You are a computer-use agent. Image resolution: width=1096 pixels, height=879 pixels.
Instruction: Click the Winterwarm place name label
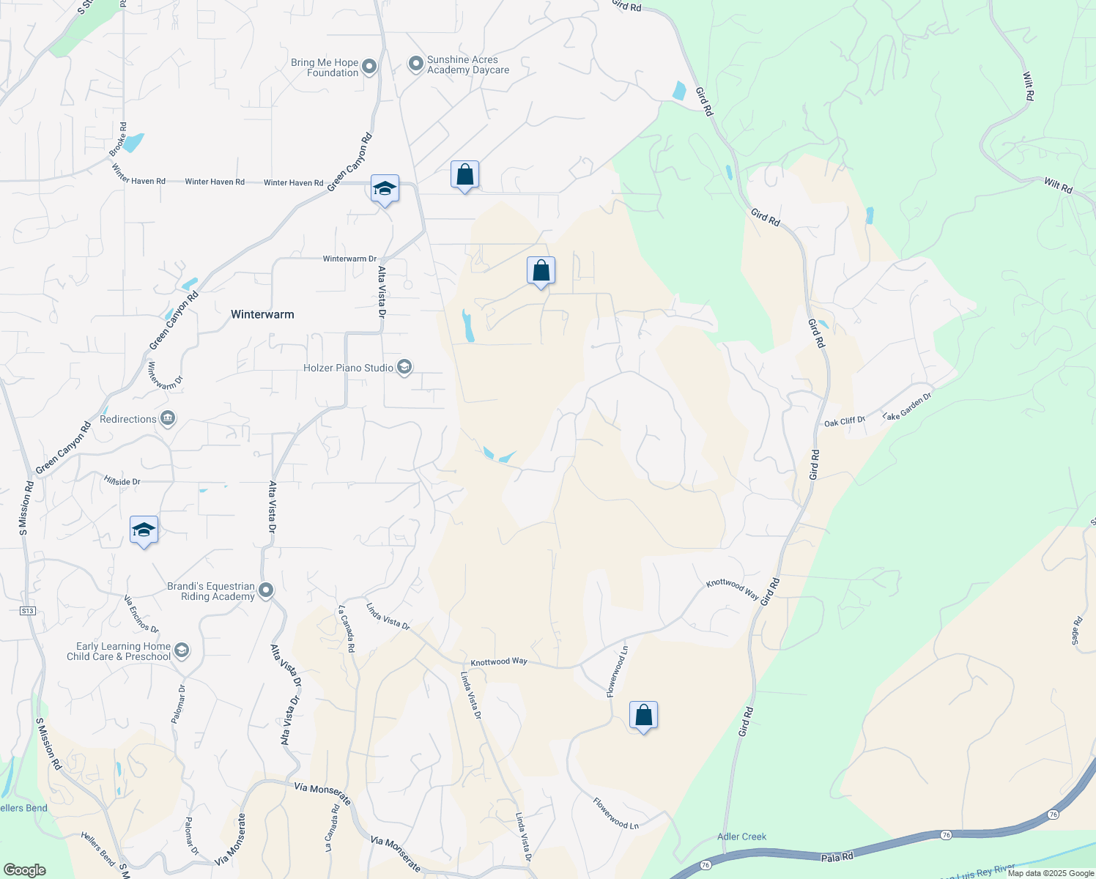pyautogui.click(x=262, y=314)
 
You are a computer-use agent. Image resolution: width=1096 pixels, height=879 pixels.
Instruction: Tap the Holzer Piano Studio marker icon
pyautogui.click(x=404, y=368)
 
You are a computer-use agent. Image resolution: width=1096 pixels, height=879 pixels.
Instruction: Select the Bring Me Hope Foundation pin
pyautogui.click(x=370, y=67)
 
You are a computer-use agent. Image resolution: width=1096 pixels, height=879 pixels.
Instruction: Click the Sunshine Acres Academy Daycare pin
pyautogui.click(x=416, y=64)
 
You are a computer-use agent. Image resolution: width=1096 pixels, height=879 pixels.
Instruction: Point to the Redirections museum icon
pyautogui.click(x=168, y=419)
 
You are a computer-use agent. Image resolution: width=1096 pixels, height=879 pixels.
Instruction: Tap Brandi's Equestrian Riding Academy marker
pyautogui.click(x=266, y=590)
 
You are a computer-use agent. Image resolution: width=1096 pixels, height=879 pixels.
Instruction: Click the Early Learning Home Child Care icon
pyautogui.click(x=182, y=650)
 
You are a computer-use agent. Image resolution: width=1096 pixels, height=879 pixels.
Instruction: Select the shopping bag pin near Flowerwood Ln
pyautogui.click(x=643, y=716)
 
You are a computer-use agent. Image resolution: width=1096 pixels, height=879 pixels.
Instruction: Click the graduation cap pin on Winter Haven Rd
pyautogui.click(x=385, y=190)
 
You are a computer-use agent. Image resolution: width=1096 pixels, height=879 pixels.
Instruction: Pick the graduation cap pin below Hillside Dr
pyautogui.click(x=144, y=530)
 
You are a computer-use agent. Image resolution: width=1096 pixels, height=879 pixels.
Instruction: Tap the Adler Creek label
pyautogui.click(x=741, y=837)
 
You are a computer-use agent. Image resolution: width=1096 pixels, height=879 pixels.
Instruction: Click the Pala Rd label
pyautogui.click(x=837, y=856)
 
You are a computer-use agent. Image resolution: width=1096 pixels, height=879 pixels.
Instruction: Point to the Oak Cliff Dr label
pyautogui.click(x=845, y=422)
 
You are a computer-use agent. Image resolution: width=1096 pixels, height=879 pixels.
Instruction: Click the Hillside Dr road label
pyautogui.click(x=122, y=481)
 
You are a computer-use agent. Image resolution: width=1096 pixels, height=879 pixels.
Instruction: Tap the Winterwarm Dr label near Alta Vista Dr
pyautogui.click(x=349, y=259)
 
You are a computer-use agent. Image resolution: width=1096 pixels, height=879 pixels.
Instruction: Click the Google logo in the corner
pyautogui.click(x=25, y=870)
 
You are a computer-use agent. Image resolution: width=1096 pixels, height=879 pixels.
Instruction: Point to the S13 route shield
pyautogui.click(x=27, y=610)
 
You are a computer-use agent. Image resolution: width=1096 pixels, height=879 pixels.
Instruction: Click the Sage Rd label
pyautogui.click(x=1077, y=631)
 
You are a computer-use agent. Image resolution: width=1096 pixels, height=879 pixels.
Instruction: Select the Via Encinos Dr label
pyautogui.click(x=141, y=614)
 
